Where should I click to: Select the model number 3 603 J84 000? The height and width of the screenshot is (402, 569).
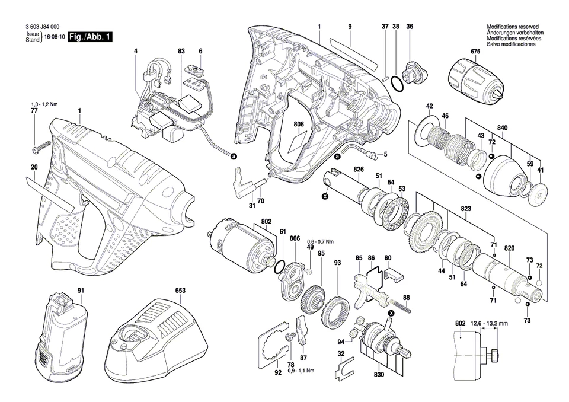[x=42, y=27]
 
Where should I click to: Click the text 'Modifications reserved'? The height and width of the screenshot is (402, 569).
[x=512, y=27]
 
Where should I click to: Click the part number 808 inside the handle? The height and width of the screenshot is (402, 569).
[x=298, y=125]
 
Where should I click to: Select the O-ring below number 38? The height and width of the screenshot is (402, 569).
[x=399, y=85]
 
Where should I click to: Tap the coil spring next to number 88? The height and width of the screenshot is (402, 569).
[x=404, y=309]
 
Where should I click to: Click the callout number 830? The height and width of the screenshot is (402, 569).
[x=379, y=375]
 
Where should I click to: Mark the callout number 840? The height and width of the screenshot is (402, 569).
[x=503, y=128]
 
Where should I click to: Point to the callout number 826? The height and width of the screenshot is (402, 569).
[x=359, y=170]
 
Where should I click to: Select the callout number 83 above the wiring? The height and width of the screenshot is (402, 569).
[x=181, y=52]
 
